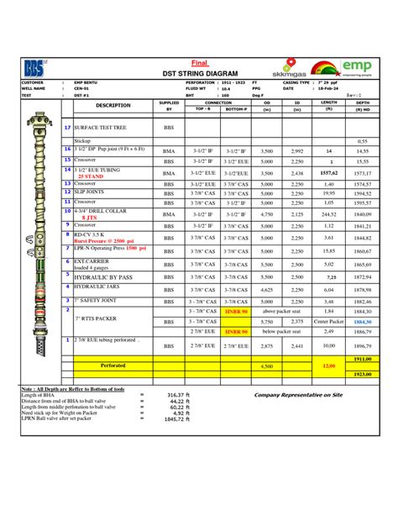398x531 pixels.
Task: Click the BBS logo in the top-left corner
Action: (34, 68)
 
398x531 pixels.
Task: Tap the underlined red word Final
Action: (199, 63)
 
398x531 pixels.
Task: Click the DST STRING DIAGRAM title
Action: (199, 75)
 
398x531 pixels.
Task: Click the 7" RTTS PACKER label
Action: (95, 319)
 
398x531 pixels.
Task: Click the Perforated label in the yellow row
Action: (113, 366)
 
